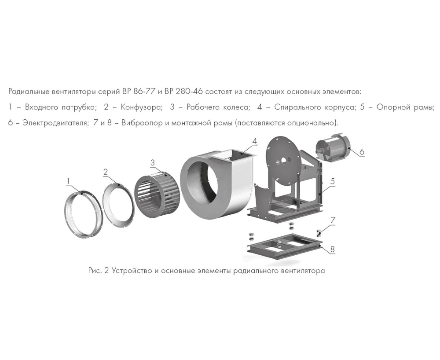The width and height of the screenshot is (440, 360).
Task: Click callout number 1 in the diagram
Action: click(68, 180)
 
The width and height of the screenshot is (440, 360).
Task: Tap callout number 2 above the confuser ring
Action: click(106, 172)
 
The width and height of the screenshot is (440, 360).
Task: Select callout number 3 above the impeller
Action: click(153, 163)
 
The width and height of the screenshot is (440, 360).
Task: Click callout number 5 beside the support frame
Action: click(333, 181)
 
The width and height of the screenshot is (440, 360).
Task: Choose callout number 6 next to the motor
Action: click(362, 152)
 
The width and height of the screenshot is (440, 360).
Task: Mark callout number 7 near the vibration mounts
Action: click(333, 220)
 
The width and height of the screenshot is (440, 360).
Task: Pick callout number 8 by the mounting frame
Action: click(333, 250)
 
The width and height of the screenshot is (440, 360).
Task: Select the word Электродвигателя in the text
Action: click(55, 122)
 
